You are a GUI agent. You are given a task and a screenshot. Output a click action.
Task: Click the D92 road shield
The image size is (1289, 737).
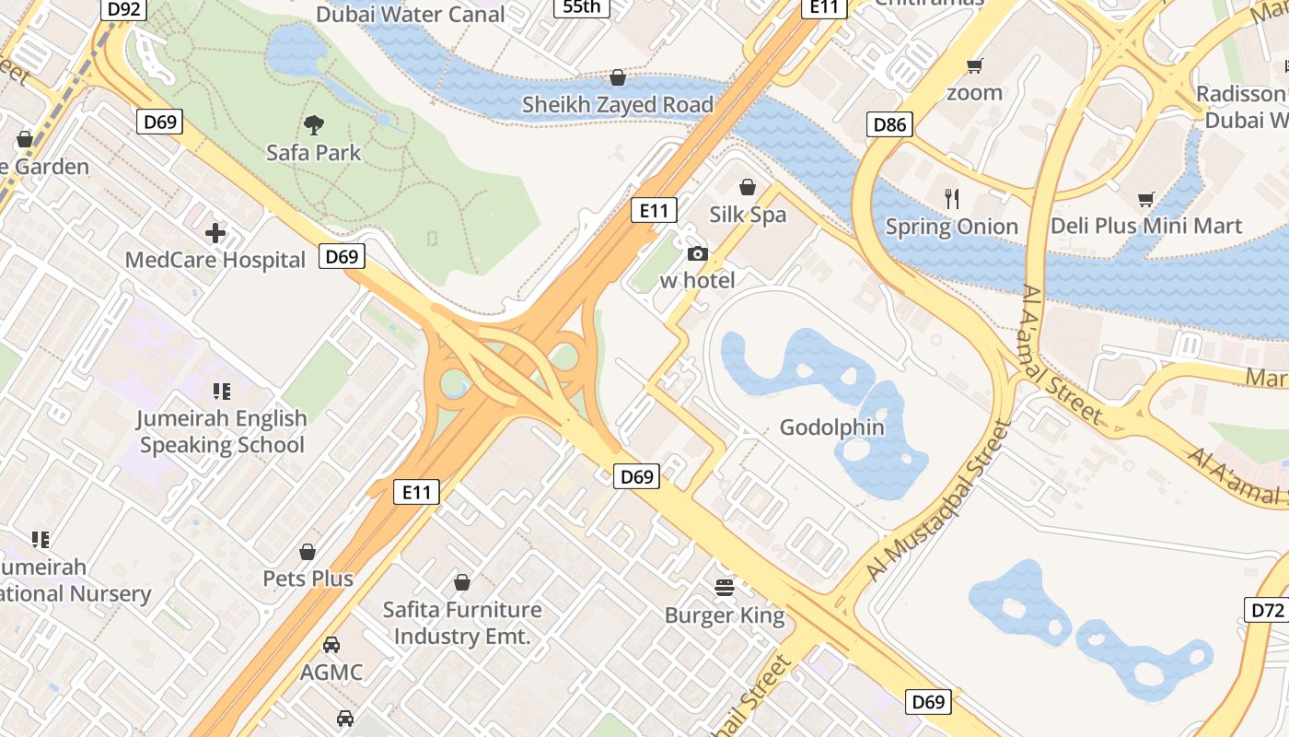pos(123,9)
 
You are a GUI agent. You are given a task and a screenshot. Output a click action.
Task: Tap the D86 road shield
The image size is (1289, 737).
pos(889,124)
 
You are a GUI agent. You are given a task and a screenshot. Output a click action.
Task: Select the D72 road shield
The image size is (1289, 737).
pos(1267,609)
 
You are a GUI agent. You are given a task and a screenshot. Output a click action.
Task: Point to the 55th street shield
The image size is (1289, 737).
pos(581,7)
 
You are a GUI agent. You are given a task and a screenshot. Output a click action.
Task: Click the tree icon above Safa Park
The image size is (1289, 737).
pos(314,124)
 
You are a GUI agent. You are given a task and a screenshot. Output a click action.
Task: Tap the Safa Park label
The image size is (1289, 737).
pos(314,152)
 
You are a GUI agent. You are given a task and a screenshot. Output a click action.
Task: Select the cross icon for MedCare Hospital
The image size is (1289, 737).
pos(215,233)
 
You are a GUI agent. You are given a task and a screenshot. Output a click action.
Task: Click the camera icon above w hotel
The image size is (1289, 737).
pos(698,253)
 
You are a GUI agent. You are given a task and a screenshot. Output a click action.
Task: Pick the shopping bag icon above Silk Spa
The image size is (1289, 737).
pos(748,187)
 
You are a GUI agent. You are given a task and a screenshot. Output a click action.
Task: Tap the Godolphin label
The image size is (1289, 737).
pos(831,427)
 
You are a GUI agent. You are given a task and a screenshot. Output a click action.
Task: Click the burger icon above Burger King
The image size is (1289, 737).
pos(725,588)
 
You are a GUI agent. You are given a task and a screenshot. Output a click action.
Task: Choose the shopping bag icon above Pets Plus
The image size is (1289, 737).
pos(308,552)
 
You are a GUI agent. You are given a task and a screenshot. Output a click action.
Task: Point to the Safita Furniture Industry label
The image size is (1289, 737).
pos(461,623)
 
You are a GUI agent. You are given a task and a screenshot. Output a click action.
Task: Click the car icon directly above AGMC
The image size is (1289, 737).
pos(331,645)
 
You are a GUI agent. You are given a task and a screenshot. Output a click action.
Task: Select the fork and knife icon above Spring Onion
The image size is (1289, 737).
pos(952,198)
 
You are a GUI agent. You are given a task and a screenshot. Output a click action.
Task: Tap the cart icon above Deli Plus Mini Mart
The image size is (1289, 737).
pos(1146,198)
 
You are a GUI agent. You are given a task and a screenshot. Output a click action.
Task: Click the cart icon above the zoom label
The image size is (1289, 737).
pos(974,65)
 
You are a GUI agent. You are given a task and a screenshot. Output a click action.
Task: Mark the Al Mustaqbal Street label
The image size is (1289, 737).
pos(937,501)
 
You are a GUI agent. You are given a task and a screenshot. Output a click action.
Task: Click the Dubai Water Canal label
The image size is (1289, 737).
pos(411,14)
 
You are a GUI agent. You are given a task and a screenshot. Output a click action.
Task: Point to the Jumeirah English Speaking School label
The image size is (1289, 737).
pos(221,431)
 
